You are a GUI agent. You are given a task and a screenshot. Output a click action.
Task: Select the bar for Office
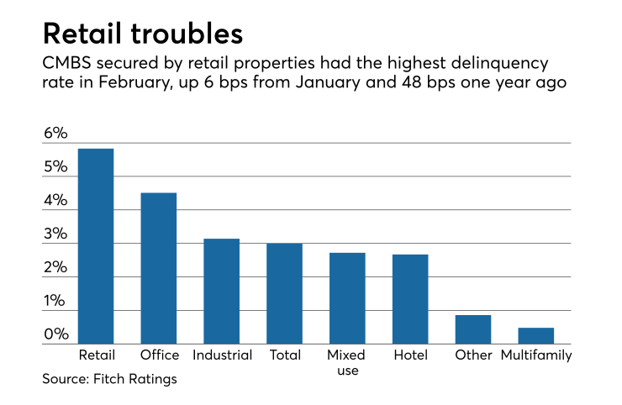tap(158, 268)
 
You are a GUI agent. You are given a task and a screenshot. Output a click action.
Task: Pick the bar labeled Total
tap(284, 293)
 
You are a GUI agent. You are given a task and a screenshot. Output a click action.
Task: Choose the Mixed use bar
tap(347, 298)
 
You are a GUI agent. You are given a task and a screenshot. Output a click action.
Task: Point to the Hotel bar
tap(410, 299)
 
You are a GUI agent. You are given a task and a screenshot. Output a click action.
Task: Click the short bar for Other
tap(473, 329)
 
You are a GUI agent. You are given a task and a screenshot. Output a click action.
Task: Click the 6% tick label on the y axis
tap(55, 134)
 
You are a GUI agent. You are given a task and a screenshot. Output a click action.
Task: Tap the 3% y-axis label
tap(55, 234)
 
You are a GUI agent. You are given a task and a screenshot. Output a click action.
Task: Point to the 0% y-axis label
tap(55, 335)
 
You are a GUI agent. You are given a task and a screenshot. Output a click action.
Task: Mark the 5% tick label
tap(55, 167)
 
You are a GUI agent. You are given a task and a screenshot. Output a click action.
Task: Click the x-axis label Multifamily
tap(536, 355)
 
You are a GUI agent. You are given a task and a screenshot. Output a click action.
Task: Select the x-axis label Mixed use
tap(346, 362)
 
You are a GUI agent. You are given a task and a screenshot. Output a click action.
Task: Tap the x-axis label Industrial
tap(222, 355)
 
